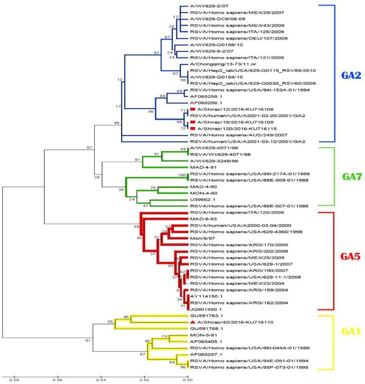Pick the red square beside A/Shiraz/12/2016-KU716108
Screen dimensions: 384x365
192,108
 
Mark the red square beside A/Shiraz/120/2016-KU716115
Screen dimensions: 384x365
192,128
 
